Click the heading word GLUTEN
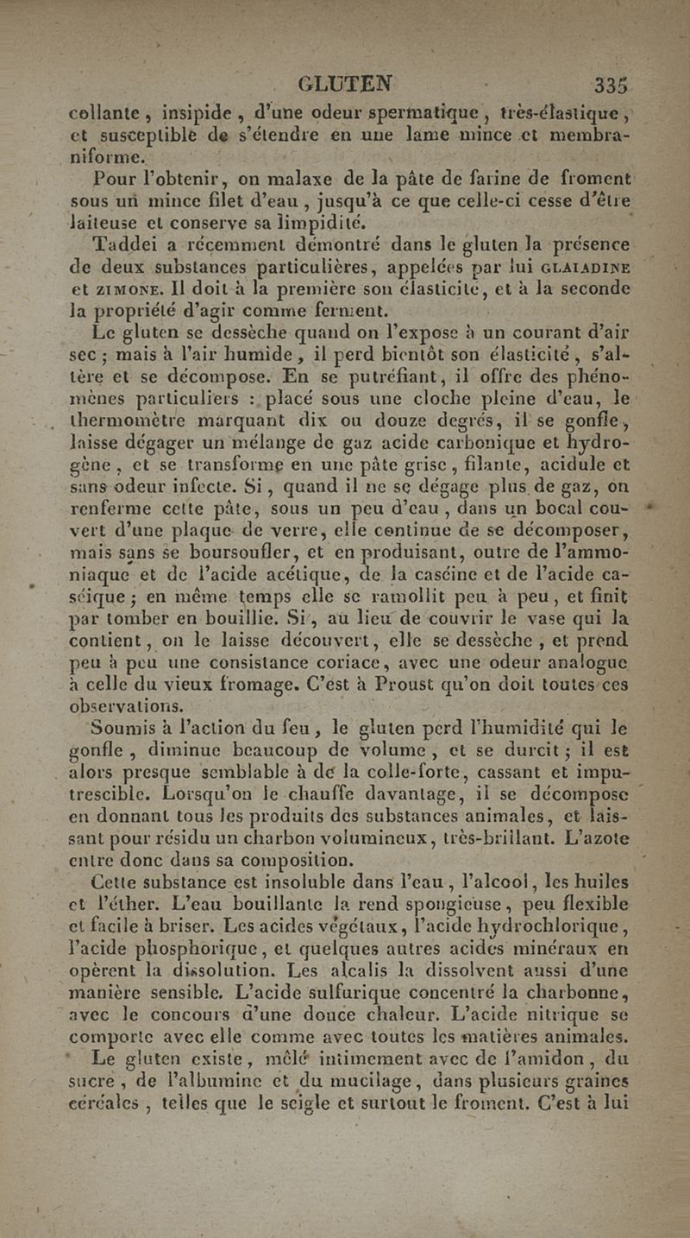[x=344, y=85]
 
